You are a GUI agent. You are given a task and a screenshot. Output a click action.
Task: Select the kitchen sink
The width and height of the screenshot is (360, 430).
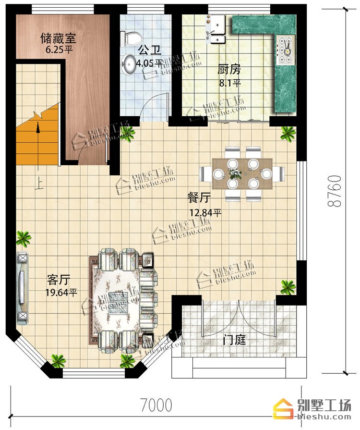coord(216,29)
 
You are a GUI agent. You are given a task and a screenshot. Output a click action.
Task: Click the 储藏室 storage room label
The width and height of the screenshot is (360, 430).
coord(58,38)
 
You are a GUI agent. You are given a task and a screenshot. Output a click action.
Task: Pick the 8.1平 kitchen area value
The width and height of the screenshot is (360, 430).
coord(229,83)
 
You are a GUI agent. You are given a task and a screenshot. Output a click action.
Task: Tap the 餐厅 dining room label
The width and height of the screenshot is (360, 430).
coord(199,197)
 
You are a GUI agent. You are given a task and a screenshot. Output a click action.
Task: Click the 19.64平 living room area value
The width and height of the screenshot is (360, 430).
coord(61,293)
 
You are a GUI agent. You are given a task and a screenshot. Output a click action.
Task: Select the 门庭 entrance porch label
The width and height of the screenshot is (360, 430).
coord(234,340)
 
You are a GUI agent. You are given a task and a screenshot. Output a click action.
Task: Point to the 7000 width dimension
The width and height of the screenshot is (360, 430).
coord(156,405)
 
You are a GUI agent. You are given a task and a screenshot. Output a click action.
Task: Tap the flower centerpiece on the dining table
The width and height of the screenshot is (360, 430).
coord(235,173)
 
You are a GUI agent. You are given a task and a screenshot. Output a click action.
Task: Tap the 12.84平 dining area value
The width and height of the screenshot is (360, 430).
coord(205,212)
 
